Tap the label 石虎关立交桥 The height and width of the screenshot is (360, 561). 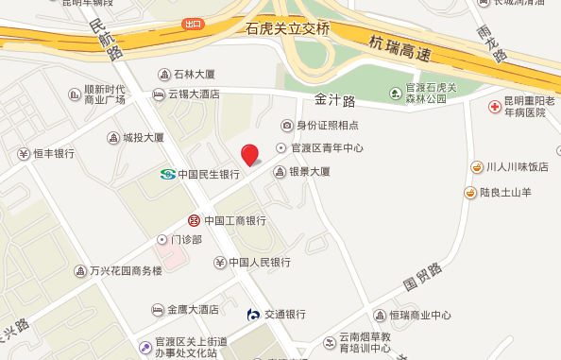[287, 29]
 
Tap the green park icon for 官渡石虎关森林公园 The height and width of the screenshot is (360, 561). [397, 92]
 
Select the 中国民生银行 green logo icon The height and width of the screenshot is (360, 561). [167, 174]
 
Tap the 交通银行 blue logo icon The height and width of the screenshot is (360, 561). [253, 314]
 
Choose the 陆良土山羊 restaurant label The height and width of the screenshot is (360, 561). [514, 194]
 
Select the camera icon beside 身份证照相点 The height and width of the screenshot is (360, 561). [287, 126]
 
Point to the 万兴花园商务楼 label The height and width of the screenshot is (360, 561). [125, 271]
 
